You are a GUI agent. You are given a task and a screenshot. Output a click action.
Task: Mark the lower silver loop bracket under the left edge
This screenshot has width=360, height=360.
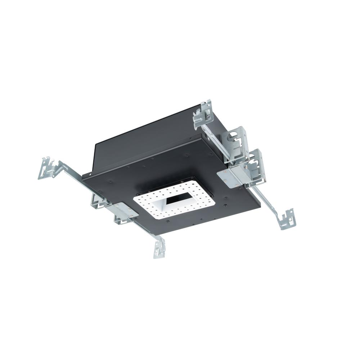coord(121,220)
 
